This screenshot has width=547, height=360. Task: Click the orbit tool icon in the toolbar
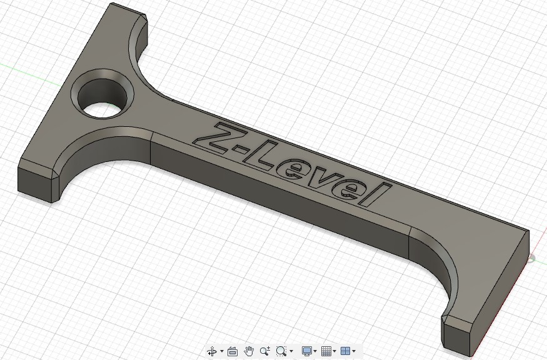tap(212, 351)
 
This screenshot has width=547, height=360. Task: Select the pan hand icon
tap(249, 351)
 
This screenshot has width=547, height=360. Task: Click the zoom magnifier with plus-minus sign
tap(265, 351)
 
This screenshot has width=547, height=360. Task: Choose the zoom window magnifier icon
tap(281, 351)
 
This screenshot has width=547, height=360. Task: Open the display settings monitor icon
tap(306, 351)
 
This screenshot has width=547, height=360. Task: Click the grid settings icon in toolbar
tap(326, 351)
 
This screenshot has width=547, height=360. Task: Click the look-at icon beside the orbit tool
tap(232, 351)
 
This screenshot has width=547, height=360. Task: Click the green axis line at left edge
tap(19, 69)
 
